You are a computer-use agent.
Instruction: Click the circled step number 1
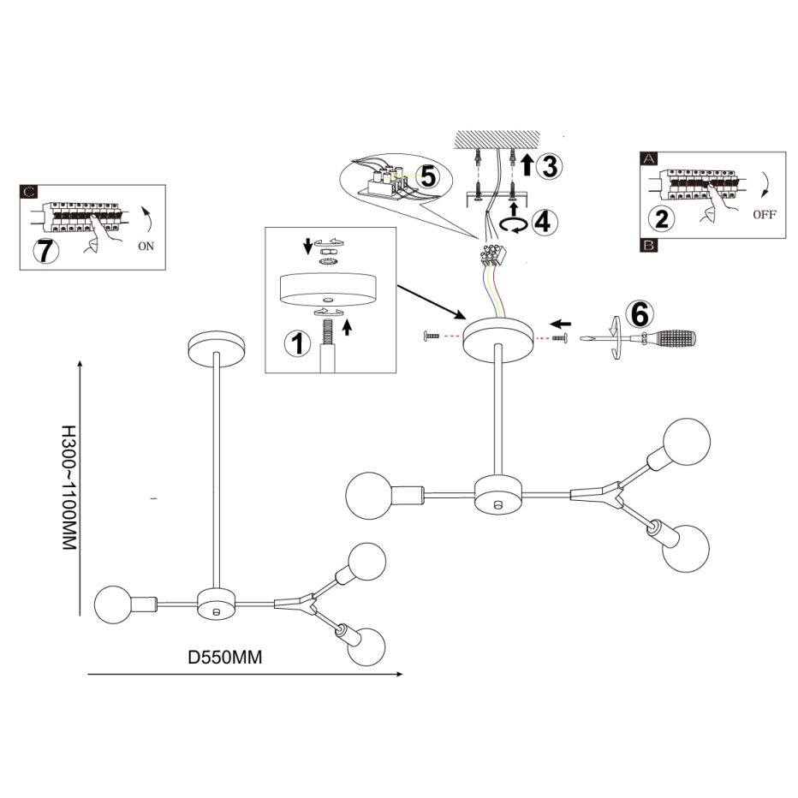(298, 344)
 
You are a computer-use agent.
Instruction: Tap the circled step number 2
(660, 217)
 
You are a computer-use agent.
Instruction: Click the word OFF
(764, 214)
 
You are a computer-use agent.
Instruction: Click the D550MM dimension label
(224, 658)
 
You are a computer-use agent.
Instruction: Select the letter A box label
(648, 159)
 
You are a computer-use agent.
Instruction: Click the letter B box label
(648, 246)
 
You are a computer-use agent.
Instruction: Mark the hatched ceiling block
(496, 139)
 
